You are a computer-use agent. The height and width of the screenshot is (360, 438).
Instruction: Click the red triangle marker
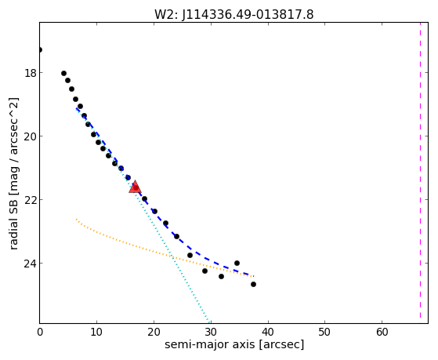pos(136,187)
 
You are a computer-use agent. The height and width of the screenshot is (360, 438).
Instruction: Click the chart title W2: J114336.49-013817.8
pos(234,14)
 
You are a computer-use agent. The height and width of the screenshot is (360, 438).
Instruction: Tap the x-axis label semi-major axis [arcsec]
pos(234,344)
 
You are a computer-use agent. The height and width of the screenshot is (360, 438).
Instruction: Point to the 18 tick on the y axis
pos(30,73)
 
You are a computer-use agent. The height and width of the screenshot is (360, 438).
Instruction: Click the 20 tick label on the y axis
pos(30,136)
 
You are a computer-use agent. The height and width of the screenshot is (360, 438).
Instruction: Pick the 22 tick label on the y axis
pos(30,200)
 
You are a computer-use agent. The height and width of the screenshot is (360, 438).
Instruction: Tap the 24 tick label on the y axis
pos(30,264)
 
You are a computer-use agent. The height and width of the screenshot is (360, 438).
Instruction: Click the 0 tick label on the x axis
pos(40,332)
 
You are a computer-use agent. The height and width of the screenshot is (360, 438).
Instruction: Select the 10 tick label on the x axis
pos(96,332)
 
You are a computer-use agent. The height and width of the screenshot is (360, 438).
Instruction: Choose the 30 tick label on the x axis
pos(211,332)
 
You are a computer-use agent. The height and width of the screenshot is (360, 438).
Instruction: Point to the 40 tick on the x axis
pos(268,332)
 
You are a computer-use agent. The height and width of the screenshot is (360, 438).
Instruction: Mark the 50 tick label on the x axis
pos(325,332)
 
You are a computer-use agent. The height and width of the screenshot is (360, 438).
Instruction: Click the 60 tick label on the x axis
pos(382,332)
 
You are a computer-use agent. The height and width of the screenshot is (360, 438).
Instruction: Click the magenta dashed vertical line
pos(421,173)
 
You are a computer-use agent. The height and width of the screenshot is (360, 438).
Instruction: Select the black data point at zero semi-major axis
pos(40,49)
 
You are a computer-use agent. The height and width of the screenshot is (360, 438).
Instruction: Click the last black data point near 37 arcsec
pos(253,284)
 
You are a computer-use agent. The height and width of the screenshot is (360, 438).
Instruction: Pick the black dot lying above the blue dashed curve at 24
pos(237,263)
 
